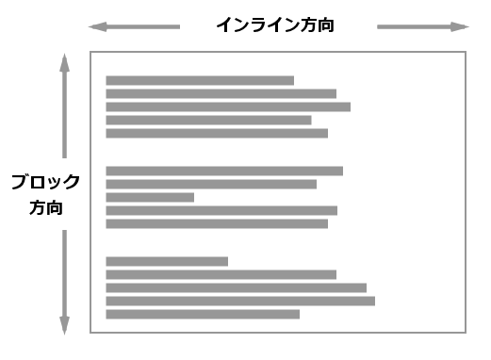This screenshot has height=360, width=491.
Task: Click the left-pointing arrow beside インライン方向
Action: click(x=133, y=27)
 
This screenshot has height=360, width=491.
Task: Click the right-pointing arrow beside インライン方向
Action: click(x=422, y=27)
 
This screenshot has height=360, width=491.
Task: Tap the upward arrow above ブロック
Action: click(x=64, y=104)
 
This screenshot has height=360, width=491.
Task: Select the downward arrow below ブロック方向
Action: click(x=64, y=282)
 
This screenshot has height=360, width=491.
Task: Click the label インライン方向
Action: click(x=275, y=26)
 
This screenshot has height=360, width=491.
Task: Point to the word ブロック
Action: click(x=45, y=182)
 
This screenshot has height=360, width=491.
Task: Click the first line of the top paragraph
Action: click(x=200, y=81)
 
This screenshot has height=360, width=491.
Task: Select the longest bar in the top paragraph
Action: click(x=228, y=106)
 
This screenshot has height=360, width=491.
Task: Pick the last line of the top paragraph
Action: click(x=217, y=133)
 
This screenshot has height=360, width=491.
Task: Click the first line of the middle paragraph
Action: click(x=224, y=171)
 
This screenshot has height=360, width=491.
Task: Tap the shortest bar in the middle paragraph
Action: click(x=150, y=197)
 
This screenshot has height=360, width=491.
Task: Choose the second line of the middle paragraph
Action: click(x=211, y=184)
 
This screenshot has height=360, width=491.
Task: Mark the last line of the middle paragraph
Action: click(x=217, y=223)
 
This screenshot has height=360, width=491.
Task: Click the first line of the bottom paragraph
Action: click(x=167, y=261)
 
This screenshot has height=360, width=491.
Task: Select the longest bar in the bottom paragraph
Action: click(x=240, y=301)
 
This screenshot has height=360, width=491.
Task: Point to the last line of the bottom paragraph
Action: click(x=203, y=314)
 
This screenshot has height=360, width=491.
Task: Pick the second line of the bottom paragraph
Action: click(x=221, y=274)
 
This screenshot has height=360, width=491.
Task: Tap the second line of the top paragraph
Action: click(x=221, y=93)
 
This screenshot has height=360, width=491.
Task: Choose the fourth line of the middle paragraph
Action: click(x=221, y=210)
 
